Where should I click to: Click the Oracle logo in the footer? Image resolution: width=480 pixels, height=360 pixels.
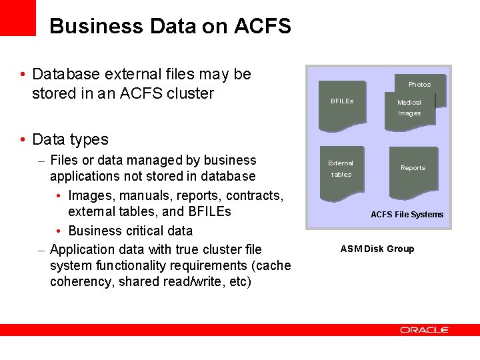click(425, 329)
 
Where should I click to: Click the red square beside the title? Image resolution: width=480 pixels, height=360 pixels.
click(17, 17)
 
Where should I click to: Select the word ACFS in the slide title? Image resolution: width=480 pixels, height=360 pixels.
click(263, 26)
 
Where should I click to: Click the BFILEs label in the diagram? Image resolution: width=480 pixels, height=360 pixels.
click(342, 101)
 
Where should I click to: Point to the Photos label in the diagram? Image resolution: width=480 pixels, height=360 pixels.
click(419, 85)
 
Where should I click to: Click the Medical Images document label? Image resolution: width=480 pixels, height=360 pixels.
click(409, 107)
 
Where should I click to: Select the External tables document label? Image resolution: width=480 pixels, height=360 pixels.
click(341, 169)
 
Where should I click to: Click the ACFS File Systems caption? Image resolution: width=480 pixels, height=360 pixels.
click(407, 215)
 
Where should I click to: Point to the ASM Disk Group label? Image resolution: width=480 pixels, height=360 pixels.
click(377, 249)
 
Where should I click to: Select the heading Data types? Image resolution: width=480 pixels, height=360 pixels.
click(70, 139)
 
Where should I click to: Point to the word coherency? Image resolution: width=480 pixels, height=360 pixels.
click(82, 281)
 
